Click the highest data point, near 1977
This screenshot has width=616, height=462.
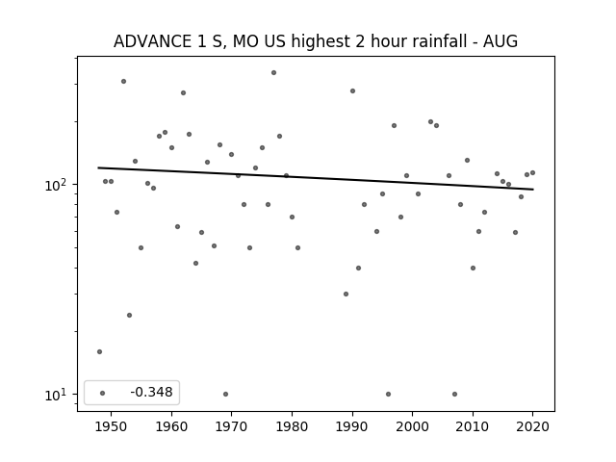[x=273, y=73]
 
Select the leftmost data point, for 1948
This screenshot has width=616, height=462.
[x=99, y=351]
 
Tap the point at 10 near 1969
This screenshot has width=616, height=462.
[x=225, y=394]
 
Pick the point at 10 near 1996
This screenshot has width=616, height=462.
[x=388, y=394]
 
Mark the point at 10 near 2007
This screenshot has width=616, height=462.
[x=454, y=394]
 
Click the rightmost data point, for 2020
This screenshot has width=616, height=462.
[x=532, y=173]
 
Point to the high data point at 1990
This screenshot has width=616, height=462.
[x=353, y=91]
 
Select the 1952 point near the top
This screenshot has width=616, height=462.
[x=123, y=81]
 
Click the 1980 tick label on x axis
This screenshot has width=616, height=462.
[x=292, y=426]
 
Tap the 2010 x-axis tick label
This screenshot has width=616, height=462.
[x=473, y=426]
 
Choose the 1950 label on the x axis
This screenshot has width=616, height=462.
[x=112, y=426]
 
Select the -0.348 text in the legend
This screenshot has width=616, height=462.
[x=152, y=392]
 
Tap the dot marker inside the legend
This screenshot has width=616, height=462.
[x=103, y=393]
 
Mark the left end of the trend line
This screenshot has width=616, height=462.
[x=98, y=167]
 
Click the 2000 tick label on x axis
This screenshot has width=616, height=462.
[x=413, y=426]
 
